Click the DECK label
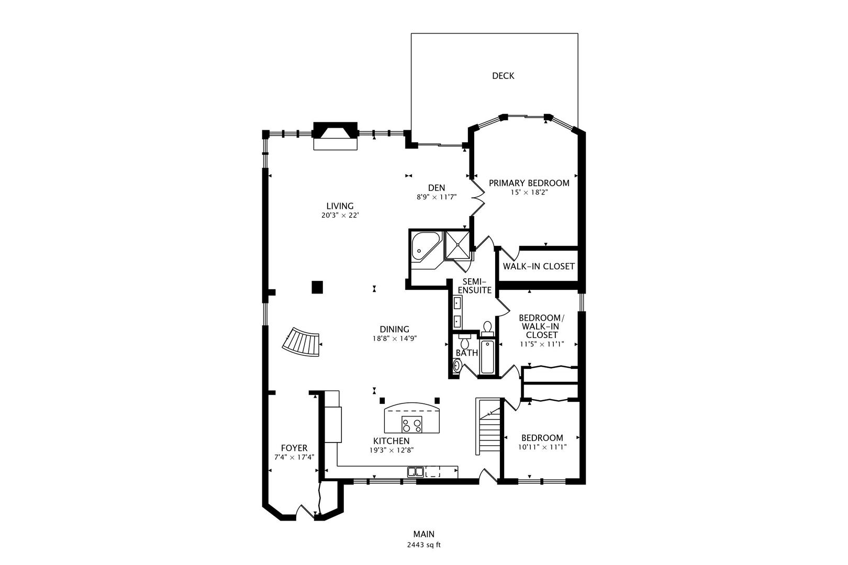click(x=503, y=76)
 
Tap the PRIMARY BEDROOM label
click(x=529, y=183)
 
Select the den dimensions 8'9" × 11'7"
click(x=437, y=197)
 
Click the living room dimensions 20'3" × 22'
click(x=340, y=216)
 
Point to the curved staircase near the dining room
click(x=302, y=342)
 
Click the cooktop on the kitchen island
click(x=411, y=424)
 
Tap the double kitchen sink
click(x=415, y=472)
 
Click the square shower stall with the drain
click(x=458, y=245)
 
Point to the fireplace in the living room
click(x=336, y=135)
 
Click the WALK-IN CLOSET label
click(x=539, y=266)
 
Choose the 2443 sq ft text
click(x=423, y=545)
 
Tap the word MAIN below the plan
click(x=423, y=534)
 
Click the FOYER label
click(x=294, y=448)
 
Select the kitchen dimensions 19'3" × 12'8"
click(x=392, y=450)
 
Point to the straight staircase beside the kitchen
click(x=489, y=426)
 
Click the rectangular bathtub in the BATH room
click(x=487, y=356)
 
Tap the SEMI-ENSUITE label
click(x=475, y=286)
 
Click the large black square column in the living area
click(x=317, y=287)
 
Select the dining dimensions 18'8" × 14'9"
click(x=395, y=338)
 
